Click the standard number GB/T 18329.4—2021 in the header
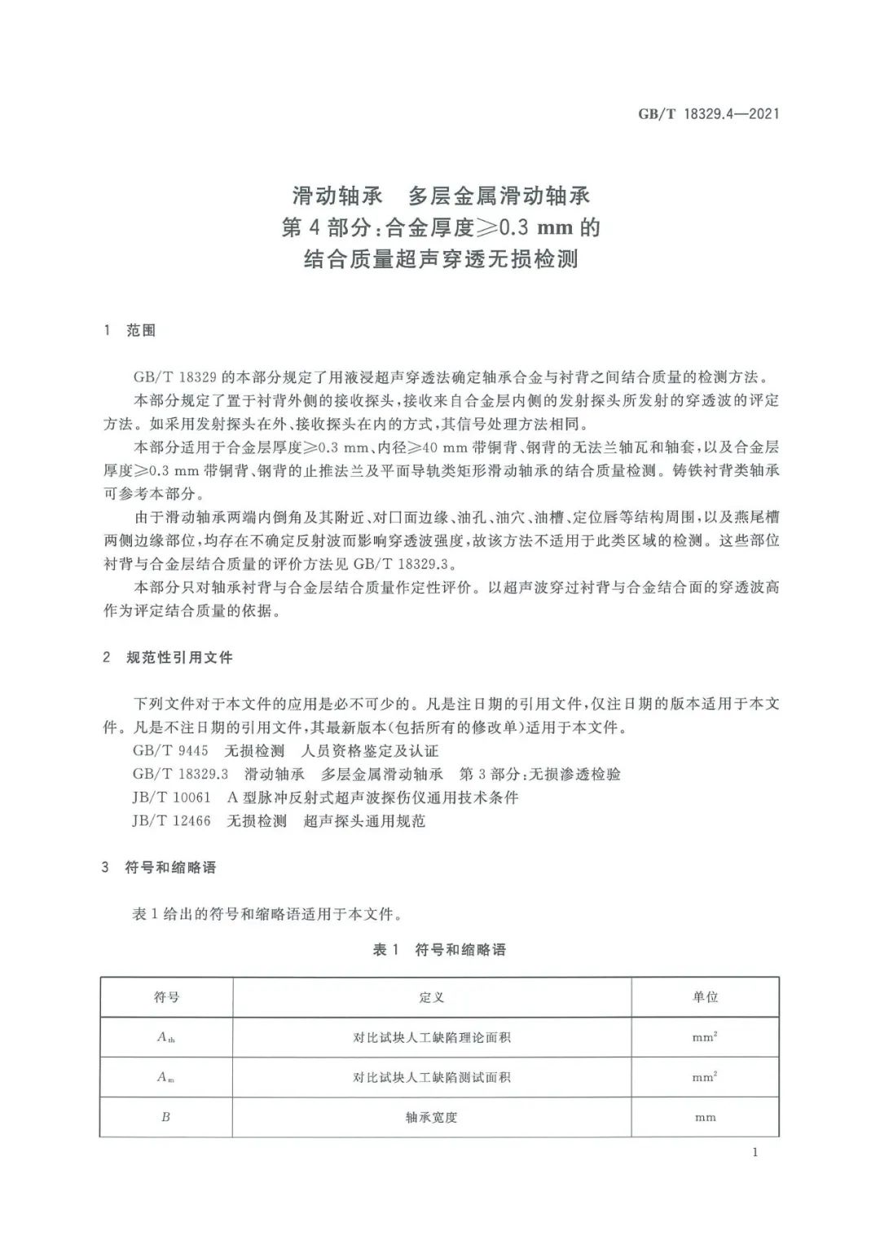coord(708,114)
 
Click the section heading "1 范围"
coord(130,330)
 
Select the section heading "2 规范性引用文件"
coord(168,657)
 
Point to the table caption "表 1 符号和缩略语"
coord(439,950)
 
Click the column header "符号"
coord(166,996)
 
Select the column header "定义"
coord(432,996)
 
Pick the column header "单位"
coord(705,996)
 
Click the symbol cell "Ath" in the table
coord(166,1037)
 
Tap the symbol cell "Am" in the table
coord(166,1077)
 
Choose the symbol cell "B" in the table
coord(166,1117)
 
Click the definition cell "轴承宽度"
coord(432,1117)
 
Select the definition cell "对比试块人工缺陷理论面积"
coord(432,1037)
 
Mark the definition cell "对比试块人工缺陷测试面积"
coord(432,1077)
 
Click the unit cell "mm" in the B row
coord(705,1117)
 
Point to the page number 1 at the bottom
coord(755,1152)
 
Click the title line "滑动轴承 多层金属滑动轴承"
coord(441,196)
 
